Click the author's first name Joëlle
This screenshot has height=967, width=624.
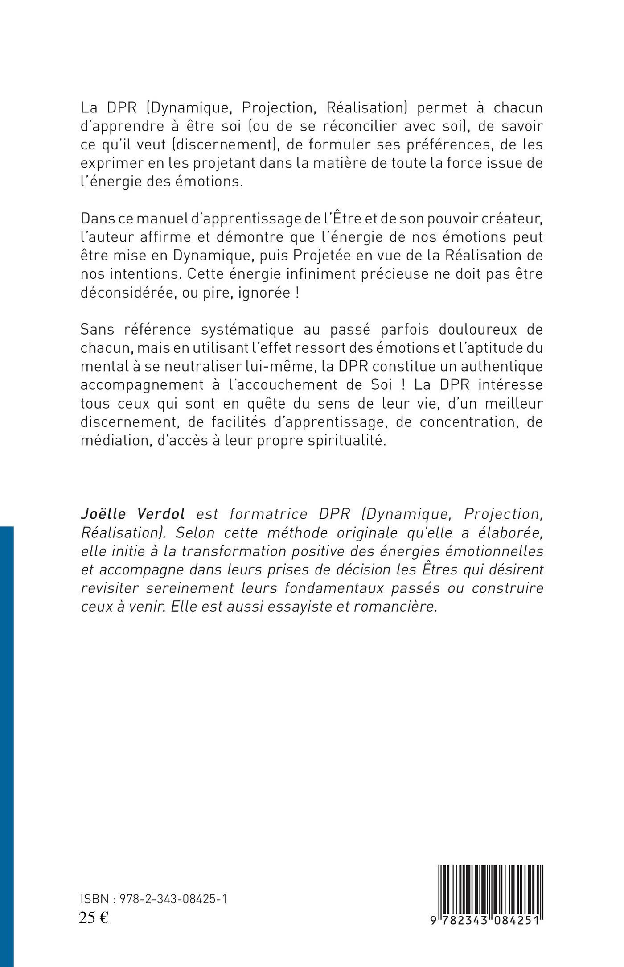pos(101,514)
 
